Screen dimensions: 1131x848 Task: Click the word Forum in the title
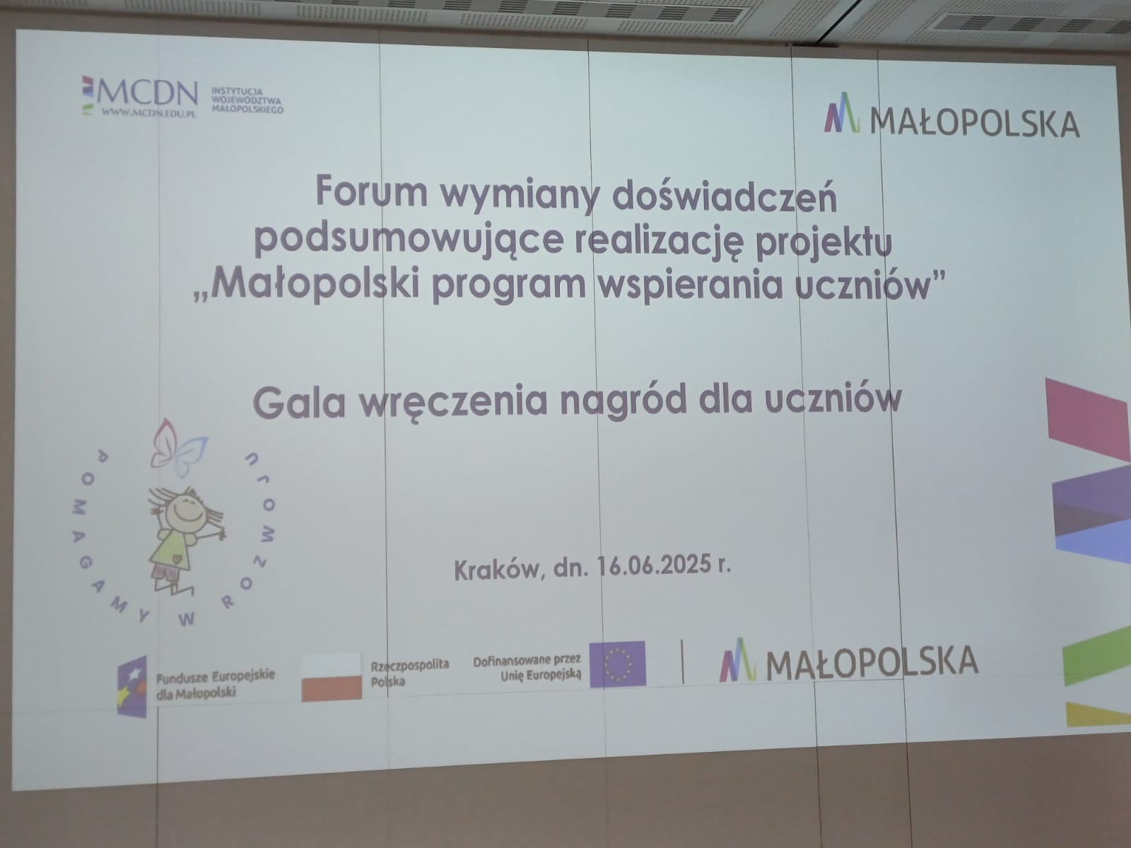point(372,191)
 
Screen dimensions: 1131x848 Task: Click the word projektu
point(824,243)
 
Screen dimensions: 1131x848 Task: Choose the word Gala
point(299,402)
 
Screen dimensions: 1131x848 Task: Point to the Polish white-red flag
point(332,677)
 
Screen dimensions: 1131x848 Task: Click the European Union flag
point(617,664)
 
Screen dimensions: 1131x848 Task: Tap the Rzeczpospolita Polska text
point(409,673)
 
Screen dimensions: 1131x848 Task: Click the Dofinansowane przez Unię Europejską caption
point(527,667)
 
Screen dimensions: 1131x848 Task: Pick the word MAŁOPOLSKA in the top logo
point(975,124)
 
